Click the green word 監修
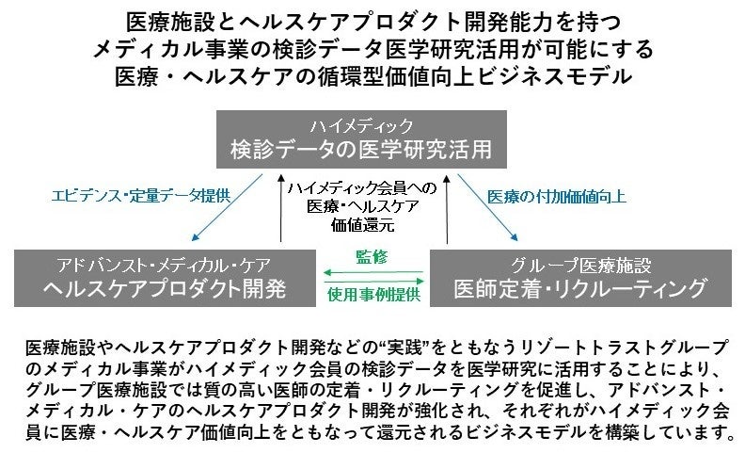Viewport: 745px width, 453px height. point(372,257)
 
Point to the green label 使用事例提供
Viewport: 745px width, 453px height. point(372,295)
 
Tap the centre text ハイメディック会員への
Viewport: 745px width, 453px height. point(362,187)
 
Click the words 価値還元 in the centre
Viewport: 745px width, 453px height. point(362,226)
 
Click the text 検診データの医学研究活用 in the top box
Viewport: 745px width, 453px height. point(361,148)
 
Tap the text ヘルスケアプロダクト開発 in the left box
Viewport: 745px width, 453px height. point(164,287)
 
